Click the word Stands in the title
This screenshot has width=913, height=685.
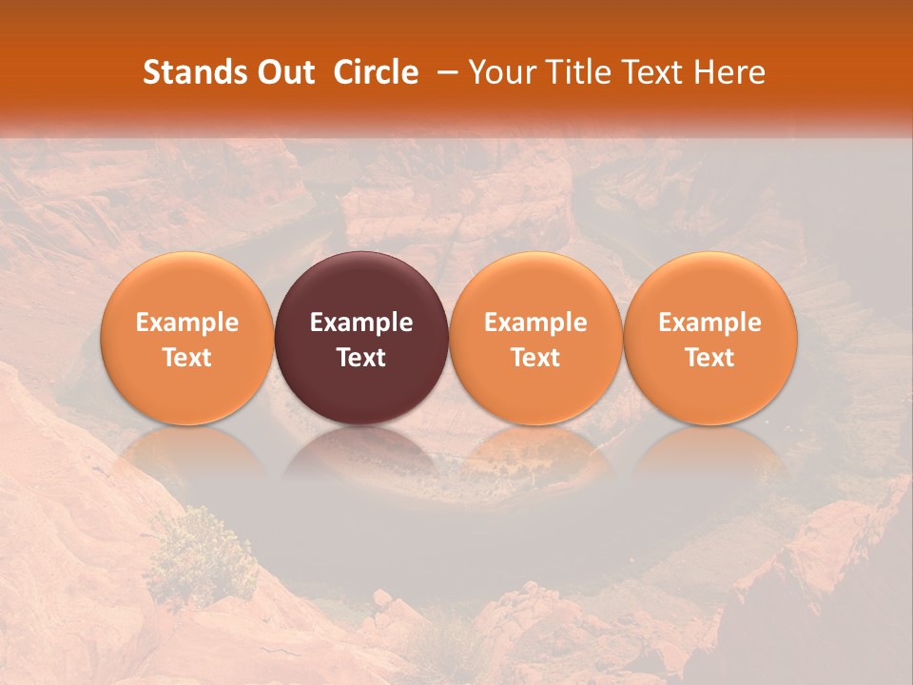pyautogui.click(x=190, y=72)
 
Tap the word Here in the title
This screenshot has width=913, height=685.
pyautogui.click(x=730, y=72)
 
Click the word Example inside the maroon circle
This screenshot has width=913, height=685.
pyautogui.click(x=361, y=323)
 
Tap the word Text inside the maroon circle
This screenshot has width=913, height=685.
pyautogui.click(x=361, y=358)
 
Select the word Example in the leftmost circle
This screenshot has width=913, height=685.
pyautogui.click(x=186, y=323)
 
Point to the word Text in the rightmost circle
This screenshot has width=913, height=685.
pyautogui.click(x=710, y=358)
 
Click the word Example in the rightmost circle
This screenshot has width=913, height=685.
pyautogui.click(x=710, y=323)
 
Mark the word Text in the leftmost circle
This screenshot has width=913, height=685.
pyautogui.click(x=186, y=358)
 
